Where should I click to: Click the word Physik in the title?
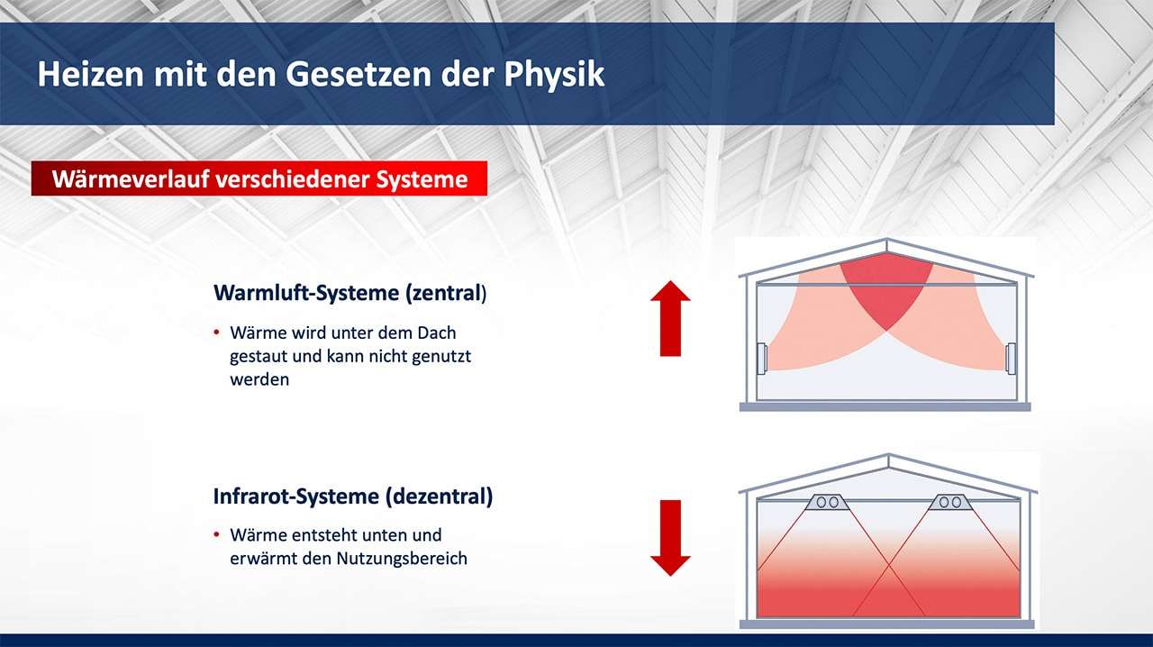[x=554, y=75]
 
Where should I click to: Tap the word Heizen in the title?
[x=91, y=74]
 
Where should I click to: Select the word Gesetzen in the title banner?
[x=359, y=74]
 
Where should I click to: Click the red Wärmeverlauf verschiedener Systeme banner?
[x=259, y=178]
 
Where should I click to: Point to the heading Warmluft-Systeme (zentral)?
[x=350, y=293]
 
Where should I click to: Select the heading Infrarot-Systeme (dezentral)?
[x=353, y=497]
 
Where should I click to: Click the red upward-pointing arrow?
[x=670, y=318]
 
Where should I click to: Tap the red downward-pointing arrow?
[x=670, y=538]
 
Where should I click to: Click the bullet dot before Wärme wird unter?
[x=217, y=333]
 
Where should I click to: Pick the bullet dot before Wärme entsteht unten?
[x=217, y=534]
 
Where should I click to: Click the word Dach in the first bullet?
[x=437, y=333]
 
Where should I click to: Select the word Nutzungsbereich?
[x=402, y=559]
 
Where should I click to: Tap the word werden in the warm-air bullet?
[x=259, y=379]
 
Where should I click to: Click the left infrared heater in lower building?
[x=827, y=502]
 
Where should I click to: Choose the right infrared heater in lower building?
[x=950, y=502]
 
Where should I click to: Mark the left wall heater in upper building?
[x=762, y=358]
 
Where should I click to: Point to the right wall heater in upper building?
[x=1011, y=359]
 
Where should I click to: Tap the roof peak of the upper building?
[x=886, y=239]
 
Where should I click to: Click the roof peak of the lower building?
[x=888, y=455]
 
